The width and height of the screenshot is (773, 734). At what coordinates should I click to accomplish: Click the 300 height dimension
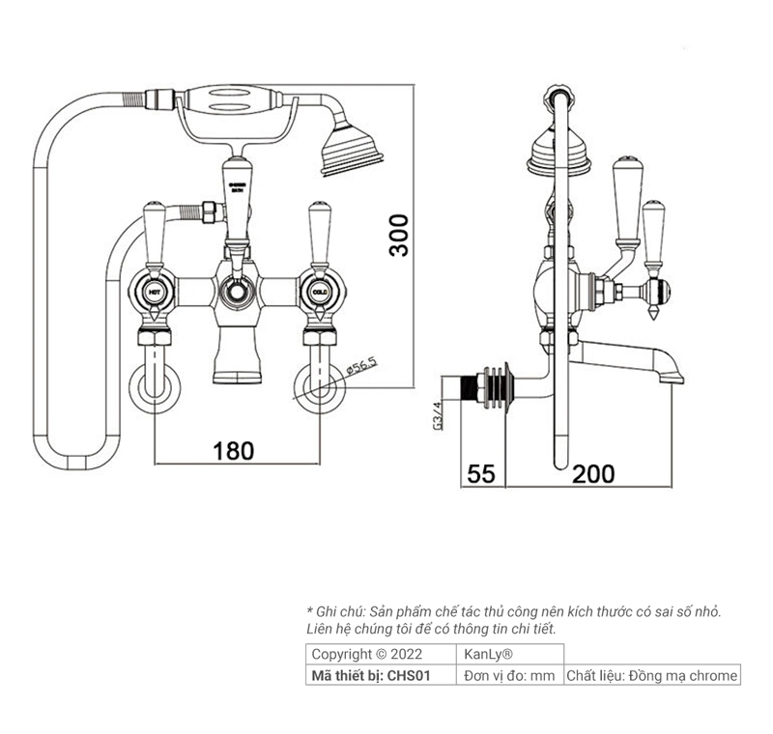[399, 235]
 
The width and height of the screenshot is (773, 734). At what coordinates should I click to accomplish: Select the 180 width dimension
[233, 450]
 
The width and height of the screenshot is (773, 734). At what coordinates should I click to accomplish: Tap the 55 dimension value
[481, 473]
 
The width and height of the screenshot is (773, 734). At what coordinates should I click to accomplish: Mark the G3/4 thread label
[437, 416]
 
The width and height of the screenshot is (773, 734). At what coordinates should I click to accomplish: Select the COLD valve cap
[318, 290]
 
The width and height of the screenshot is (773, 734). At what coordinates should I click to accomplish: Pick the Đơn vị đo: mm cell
[509, 676]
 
